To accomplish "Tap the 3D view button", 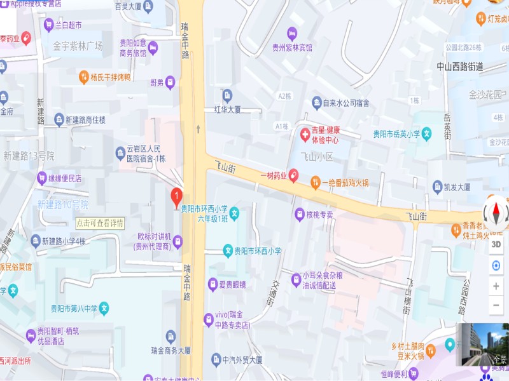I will coord(496,243).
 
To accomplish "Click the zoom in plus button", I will coord(496,286).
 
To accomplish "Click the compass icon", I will coord(496,213).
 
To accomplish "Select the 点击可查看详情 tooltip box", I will coord(100,223).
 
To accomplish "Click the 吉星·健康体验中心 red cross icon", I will coord(305,134).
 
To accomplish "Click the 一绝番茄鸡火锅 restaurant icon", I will coord(315,183).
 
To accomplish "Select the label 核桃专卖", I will coord(319,215).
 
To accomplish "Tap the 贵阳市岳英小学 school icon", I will coord(428,134).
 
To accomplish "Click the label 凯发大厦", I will coord(457,187).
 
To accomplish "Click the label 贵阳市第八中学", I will coord(74,309).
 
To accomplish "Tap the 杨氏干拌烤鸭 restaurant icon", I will coord(83,77).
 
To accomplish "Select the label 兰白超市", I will coord(68,25).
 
